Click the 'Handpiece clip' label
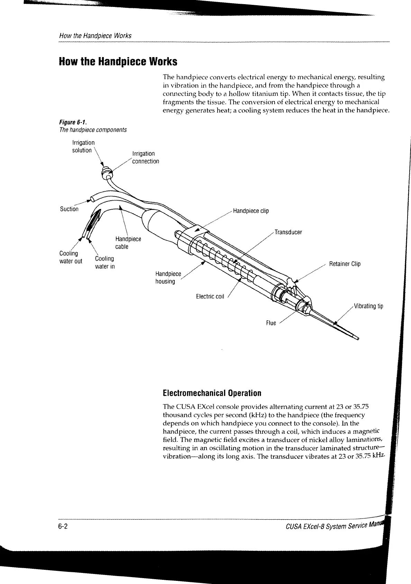pyautogui.click(x=251, y=211)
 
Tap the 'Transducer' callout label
pyautogui.click(x=288, y=232)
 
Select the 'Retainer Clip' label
pyautogui.click(x=345, y=264)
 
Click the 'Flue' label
pyautogui.click(x=271, y=323)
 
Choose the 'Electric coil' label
pyautogui.click(x=210, y=296)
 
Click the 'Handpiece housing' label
pyautogui.click(x=168, y=277)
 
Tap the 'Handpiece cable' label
pyautogui.click(x=128, y=243)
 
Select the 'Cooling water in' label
pyautogui.click(x=104, y=263)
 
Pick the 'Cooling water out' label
pyautogui.click(x=71, y=257)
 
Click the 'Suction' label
pyautogui.click(x=69, y=209)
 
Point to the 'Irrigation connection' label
pyautogui.click(x=146, y=157)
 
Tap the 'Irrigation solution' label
pyautogui.click(x=83, y=146)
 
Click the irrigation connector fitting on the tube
pyautogui.click(x=106, y=171)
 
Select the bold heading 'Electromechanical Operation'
pyautogui.click(x=212, y=393)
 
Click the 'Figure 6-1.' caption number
pyautogui.click(x=73, y=122)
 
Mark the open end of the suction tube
pyautogui.click(x=91, y=199)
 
